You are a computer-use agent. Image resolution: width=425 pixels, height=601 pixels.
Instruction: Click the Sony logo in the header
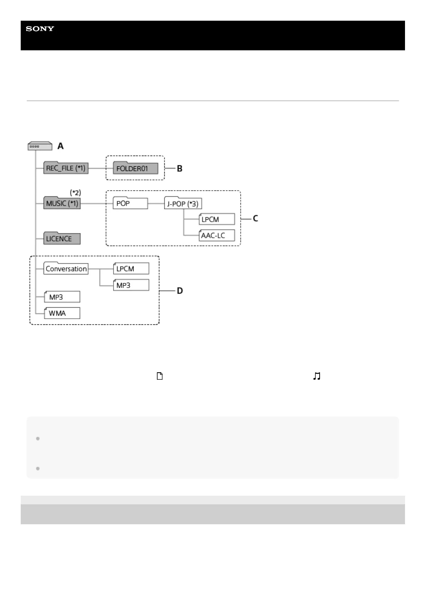coord(40,29)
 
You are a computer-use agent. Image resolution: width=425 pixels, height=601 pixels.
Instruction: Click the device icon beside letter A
coord(40,146)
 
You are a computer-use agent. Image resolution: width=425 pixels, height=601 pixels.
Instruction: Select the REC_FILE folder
coord(66,168)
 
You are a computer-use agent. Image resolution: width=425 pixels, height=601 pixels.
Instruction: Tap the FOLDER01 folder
coord(135,168)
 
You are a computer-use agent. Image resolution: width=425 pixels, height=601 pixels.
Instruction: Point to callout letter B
coord(180,168)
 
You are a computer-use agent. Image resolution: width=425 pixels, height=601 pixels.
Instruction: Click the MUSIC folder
coord(62,203)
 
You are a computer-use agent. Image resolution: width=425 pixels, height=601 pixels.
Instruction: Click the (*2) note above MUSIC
coord(75,193)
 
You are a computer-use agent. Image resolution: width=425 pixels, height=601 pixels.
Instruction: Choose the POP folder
coord(130,203)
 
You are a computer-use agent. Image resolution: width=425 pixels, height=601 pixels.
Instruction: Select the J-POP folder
coord(183,204)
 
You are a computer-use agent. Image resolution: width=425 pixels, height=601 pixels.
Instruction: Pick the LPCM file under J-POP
coord(217,219)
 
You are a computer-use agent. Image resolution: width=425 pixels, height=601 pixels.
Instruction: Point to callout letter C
coord(255,218)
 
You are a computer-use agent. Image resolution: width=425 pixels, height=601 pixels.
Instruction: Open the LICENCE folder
coord(62,239)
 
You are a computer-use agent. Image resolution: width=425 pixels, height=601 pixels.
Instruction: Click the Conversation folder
coord(66,269)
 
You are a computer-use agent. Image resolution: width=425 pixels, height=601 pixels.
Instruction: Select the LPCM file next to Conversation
coord(131,269)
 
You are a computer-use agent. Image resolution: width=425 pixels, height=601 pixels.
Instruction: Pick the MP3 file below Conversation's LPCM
coord(131,285)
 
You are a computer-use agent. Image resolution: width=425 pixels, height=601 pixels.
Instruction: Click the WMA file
coord(62,313)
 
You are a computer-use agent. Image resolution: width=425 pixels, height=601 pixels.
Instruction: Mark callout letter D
coord(180,291)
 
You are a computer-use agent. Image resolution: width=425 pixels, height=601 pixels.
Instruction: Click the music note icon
coord(317,376)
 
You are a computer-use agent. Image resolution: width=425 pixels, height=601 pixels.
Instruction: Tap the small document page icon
coord(160,376)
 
